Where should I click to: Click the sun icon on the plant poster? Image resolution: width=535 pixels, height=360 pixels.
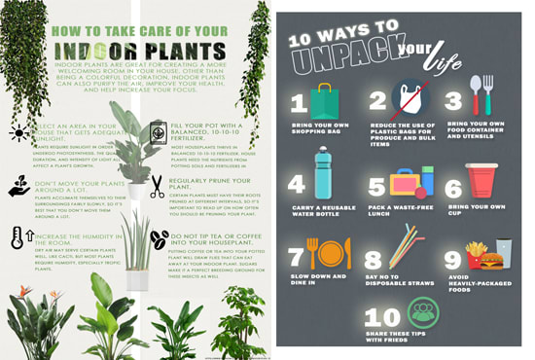(18, 133)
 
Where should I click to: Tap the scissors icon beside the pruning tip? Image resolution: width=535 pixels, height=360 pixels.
(158, 186)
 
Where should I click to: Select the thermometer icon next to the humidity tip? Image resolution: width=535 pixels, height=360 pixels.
(18, 238)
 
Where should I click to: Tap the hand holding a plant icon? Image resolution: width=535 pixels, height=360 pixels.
(18, 186)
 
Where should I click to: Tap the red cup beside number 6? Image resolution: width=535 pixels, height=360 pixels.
(481, 182)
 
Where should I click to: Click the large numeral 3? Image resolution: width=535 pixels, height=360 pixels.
(452, 100)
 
